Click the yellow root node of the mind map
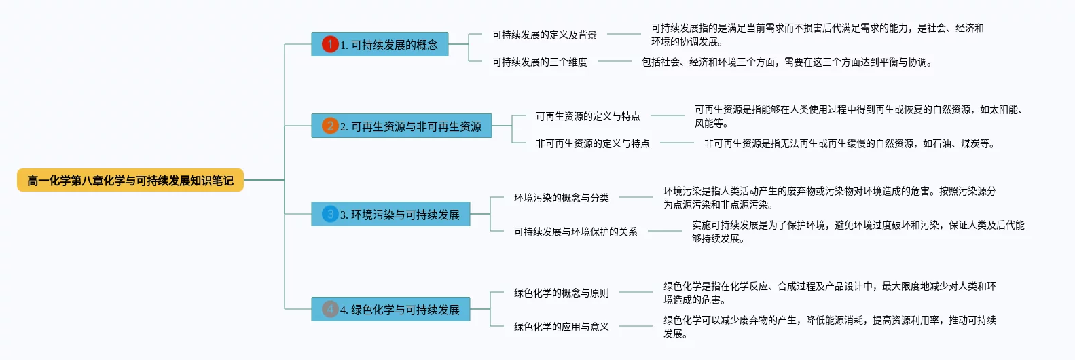click(130, 180)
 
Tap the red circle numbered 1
click(330, 44)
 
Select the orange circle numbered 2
click(330, 126)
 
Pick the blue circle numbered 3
click(330, 214)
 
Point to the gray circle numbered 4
click(330, 309)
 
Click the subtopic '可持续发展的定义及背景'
click(544, 35)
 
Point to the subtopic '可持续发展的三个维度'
click(539, 62)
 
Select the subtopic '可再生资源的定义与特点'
click(587, 116)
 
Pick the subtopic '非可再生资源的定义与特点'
click(592, 143)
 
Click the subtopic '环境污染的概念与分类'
click(561, 198)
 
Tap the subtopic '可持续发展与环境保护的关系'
click(575, 232)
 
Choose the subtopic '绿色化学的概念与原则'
click(561, 293)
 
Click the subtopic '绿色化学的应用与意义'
click(561, 327)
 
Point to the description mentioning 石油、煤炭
click(849, 143)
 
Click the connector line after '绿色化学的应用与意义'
click(636, 326)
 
